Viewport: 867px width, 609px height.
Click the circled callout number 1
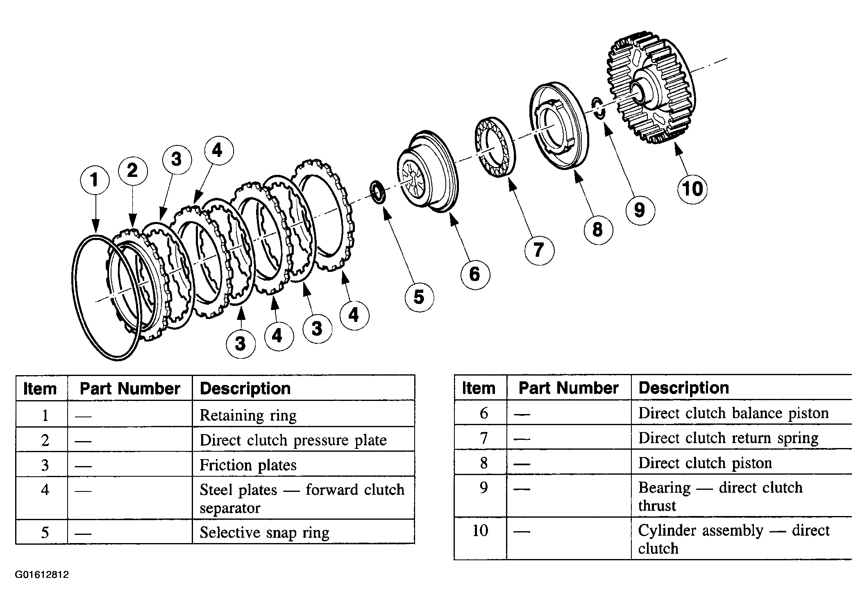tap(95, 179)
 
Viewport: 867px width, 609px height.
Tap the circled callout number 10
tap(692, 189)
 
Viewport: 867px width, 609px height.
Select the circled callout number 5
tap(419, 297)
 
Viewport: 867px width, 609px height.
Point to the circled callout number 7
tap(539, 249)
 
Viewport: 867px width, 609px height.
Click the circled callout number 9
tap(640, 210)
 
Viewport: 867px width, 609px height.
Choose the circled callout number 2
tap(132, 170)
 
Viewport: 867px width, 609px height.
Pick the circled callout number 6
tap(474, 274)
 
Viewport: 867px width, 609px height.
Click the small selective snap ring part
tap(377, 192)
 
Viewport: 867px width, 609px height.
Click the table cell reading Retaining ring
tap(248, 415)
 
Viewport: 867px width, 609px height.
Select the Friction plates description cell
tap(248, 465)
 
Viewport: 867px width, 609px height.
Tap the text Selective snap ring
tap(264, 532)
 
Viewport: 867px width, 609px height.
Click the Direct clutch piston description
tap(705, 463)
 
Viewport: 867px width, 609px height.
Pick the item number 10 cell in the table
tap(480, 531)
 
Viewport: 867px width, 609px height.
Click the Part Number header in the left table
tap(130, 388)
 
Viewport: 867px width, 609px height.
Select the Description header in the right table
tap(683, 387)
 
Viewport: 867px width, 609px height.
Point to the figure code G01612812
tap(42, 575)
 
